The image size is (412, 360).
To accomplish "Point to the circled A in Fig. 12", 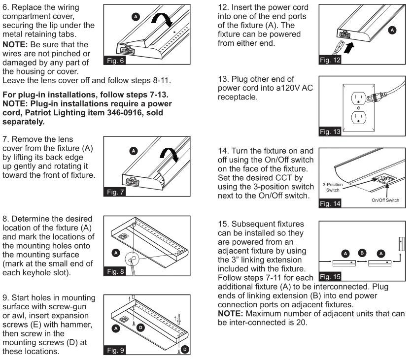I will (392, 30).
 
